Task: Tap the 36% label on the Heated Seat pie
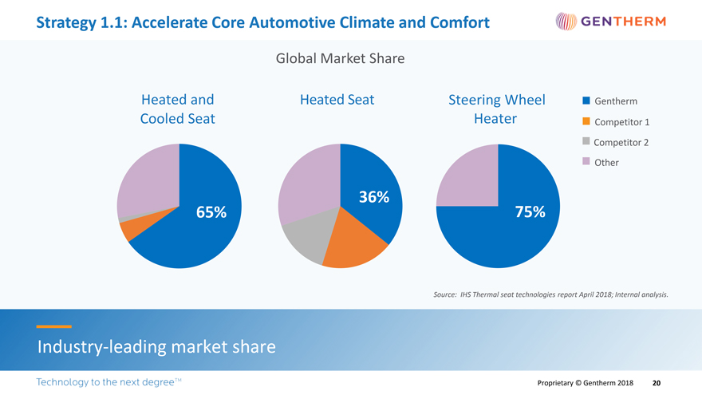(373, 197)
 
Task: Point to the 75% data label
(530, 212)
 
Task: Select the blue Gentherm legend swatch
(586, 101)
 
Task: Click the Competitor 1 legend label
(621, 122)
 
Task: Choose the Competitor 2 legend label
(621, 142)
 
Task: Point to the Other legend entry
(606, 162)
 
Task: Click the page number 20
(657, 383)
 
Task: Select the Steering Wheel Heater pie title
(496, 109)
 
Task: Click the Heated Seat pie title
(337, 100)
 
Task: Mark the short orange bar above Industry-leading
(53, 326)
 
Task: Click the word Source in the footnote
(444, 294)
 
